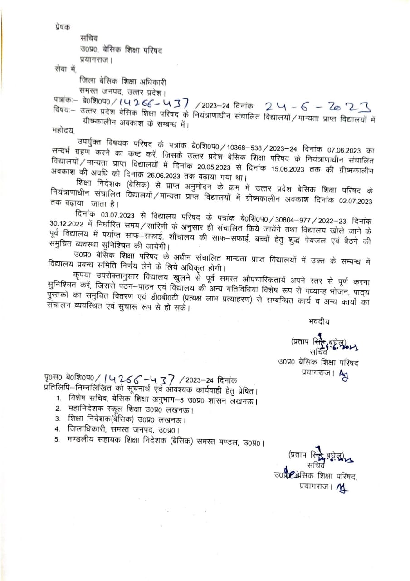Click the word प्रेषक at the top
click(61, 27)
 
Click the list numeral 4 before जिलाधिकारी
click(57, 428)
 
